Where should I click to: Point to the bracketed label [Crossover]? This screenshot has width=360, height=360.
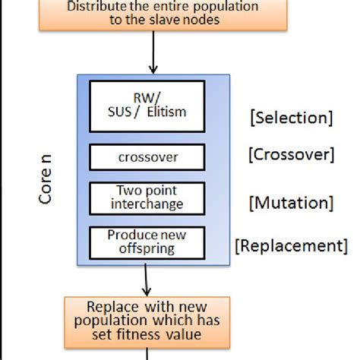pos(290,155)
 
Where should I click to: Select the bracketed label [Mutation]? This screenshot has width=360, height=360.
pos(290,203)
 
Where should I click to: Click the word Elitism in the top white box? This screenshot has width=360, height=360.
pos(166,113)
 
